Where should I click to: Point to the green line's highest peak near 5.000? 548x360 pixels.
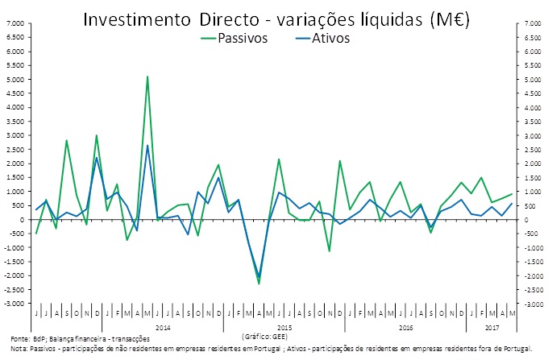click(147, 77)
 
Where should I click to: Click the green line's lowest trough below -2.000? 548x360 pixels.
click(259, 283)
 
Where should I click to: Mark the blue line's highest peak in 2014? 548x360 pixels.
click(147, 146)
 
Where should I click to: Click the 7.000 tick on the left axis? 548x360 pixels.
click(15, 24)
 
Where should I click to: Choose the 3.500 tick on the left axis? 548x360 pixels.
click(15, 122)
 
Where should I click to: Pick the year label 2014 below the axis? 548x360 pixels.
click(163, 328)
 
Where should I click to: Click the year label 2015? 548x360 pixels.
click(284, 328)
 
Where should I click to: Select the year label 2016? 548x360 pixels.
click(405, 328)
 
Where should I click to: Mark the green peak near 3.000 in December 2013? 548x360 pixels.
click(97, 135)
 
